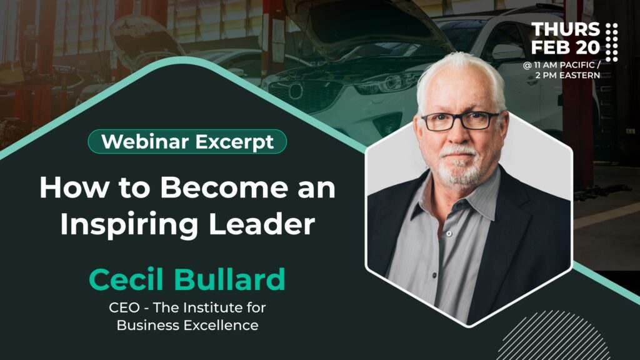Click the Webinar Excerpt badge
point(187,142)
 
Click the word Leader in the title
point(262,224)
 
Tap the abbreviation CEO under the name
point(124,307)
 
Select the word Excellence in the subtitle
point(221,325)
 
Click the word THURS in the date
point(566,29)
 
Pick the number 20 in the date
point(588,47)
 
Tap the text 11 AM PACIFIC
point(564,65)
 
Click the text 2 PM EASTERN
point(567,75)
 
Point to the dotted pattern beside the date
point(611,42)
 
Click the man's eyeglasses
point(461,121)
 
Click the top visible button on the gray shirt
point(449,234)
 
